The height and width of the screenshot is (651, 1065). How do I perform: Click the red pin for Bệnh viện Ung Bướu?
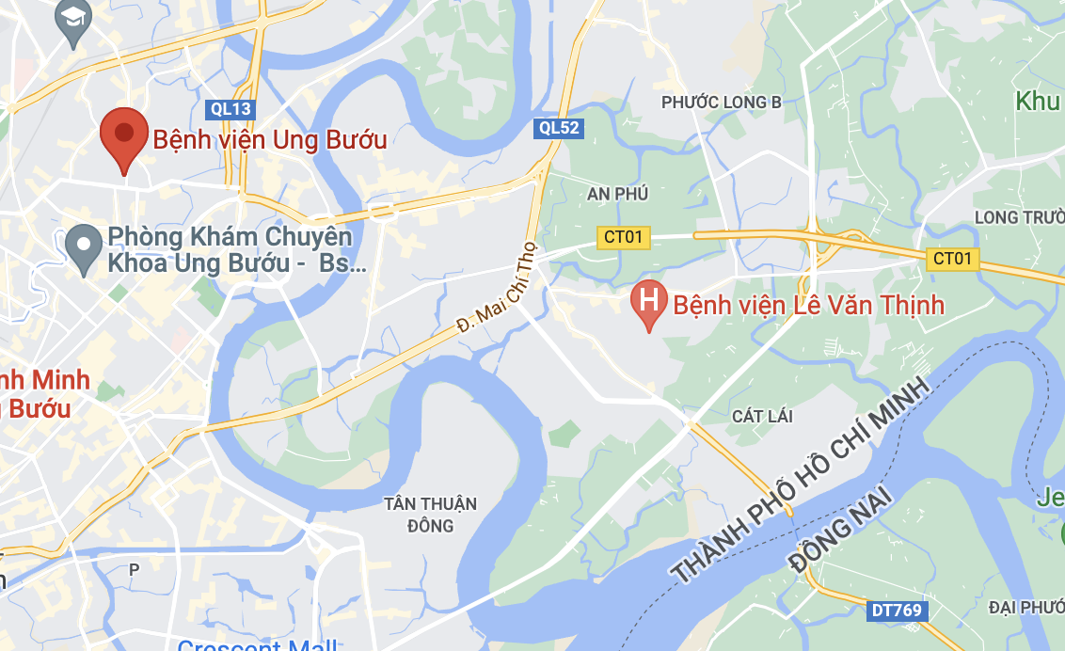coord(124,135)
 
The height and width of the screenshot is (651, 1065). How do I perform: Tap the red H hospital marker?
coord(648,301)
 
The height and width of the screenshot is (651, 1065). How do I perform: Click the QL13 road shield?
coord(230,109)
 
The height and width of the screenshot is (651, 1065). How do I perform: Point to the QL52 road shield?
coord(559,128)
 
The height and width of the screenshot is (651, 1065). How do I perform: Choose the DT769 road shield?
coord(898,611)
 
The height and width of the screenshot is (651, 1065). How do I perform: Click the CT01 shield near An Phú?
coord(624,237)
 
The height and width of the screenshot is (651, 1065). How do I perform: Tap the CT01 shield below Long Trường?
coord(952,258)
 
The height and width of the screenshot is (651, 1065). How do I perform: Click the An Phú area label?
coord(617,194)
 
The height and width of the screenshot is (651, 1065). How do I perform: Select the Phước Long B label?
coord(722,102)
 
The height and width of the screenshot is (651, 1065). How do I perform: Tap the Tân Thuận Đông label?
coord(430,514)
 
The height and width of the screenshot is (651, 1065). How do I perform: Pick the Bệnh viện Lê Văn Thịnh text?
coord(808,305)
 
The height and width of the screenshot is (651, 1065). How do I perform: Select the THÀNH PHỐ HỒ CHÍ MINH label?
coord(800,480)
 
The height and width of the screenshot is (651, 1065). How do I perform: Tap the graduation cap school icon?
coord(72,18)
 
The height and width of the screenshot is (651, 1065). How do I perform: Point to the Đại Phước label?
coord(1026,607)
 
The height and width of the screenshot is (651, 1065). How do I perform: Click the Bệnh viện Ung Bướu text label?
coord(270,140)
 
